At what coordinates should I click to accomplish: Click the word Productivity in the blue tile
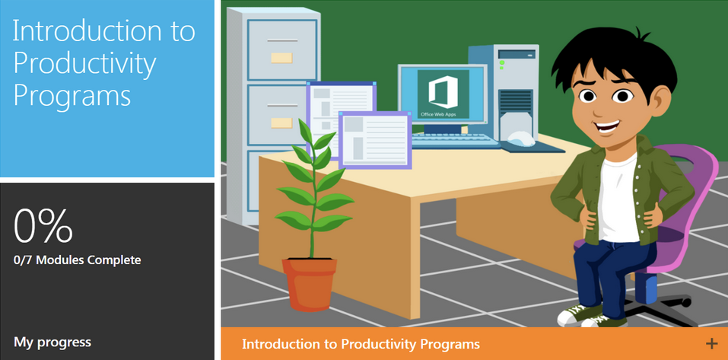[x=84, y=65]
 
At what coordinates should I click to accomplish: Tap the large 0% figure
[x=43, y=225]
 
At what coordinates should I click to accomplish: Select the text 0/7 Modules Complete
[x=78, y=260]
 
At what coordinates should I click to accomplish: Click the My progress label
[x=52, y=342]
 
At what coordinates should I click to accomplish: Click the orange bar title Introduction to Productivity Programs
[x=361, y=344]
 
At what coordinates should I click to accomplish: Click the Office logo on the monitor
[x=442, y=92]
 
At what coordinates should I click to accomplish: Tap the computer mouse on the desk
[x=520, y=139]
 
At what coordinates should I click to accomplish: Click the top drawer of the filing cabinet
[x=281, y=49]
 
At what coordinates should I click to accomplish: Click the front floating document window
[x=374, y=138]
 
